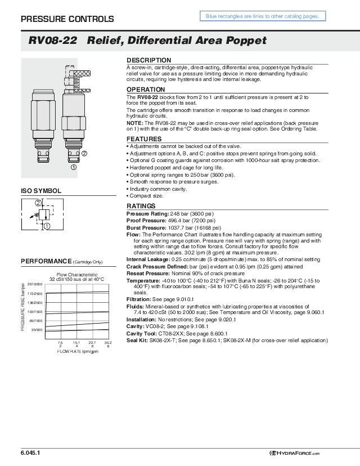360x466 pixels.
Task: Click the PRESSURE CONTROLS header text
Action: coord(67,19)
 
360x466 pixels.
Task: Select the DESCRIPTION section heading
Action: coord(148,60)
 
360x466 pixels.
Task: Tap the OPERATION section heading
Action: coord(146,89)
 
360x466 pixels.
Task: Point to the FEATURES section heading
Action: coord(144,139)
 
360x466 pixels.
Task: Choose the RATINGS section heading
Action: coord(141,207)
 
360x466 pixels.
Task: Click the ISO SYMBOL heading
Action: coord(41,191)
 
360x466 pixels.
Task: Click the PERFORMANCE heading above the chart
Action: coord(45,261)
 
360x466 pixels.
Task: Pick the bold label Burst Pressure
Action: coord(146,227)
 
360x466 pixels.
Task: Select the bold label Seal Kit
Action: coord(137,340)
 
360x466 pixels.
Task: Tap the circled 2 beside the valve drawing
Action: coord(84,153)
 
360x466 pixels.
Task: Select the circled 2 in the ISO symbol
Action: coord(38,202)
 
